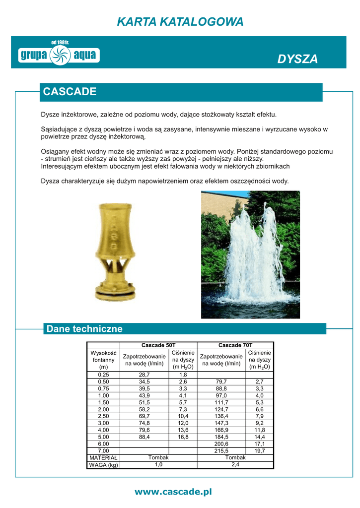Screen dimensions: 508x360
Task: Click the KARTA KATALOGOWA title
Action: pyautogui.click(x=180, y=22)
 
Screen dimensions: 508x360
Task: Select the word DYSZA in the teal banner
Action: pyautogui.click(x=297, y=59)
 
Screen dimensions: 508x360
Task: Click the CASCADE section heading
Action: pyautogui.click(x=70, y=92)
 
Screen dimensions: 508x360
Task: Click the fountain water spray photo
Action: pyautogui.click(x=250, y=254)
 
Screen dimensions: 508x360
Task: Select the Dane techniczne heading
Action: pyautogui.click(x=84, y=329)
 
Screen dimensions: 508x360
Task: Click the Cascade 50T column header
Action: pyautogui.click(x=158, y=345)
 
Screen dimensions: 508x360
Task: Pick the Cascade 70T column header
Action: pyautogui.click(x=235, y=345)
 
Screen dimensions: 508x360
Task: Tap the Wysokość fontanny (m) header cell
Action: pyautogui.click(x=103, y=360)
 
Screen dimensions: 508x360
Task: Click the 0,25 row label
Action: pyautogui.click(x=103, y=375)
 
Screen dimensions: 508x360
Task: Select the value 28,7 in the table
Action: pyautogui.click(x=144, y=375)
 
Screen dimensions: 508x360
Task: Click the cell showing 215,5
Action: pyautogui.click(x=221, y=450)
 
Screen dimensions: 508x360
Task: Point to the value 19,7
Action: pyautogui.click(x=260, y=450)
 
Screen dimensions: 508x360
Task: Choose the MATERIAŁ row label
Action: pyautogui.click(x=103, y=457)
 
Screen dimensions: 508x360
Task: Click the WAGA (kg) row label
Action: pyautogui.click(x=103, y=464)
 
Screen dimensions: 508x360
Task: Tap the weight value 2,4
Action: pyautogui.click(x=235, y=464)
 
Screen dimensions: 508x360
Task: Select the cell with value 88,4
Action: pyautogui.click(x=144, y=437)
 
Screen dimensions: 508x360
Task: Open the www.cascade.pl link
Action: pyautogui.click(x=173, y=492)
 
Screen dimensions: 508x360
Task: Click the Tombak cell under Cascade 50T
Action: pyautogui.click(x=158, y=457)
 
